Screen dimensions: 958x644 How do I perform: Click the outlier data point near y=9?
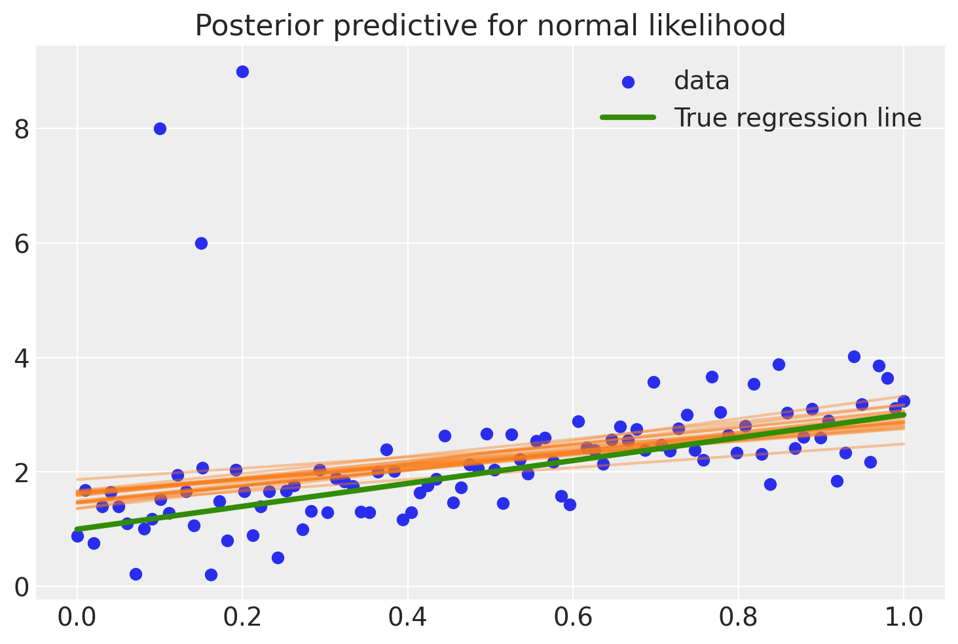(x=242, y=72)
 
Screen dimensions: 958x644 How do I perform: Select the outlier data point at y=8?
(x=160, y=129)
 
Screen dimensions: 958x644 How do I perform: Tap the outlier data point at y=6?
(x=202, y=244)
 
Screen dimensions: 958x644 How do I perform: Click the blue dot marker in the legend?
(x=628, y=82)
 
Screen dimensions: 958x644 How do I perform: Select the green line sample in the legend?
(x=628, y=117)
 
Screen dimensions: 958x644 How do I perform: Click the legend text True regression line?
(x=798, y=118)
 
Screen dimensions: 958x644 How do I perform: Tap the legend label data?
(x=701, y=81)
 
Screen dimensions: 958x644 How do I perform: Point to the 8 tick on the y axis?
(x=22, y=129)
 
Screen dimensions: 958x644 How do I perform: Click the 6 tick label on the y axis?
(x=22, y=244)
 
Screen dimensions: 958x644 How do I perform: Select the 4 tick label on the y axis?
(x=22, y=358)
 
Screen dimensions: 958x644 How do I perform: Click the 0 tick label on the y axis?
(x=22, y=587)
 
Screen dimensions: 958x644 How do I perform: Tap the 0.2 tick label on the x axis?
(x=242, y=618)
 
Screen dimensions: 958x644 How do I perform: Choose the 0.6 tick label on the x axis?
(x=573, y=618)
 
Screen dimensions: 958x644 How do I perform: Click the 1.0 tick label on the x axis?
(x=903, y=618)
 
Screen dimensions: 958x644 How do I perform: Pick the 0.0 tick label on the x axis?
(x=77, y=618)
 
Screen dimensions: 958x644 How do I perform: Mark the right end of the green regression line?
(x=903, y=415)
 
